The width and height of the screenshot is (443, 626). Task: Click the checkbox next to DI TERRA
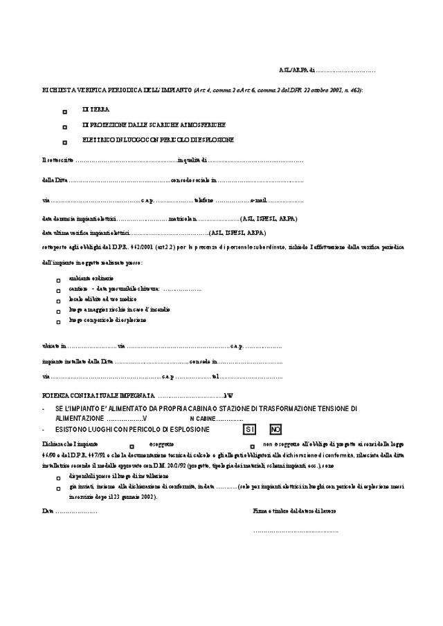[64, 111]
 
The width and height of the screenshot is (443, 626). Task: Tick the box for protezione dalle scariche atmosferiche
[64, 127]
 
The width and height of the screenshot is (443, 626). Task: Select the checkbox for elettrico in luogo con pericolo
[64, 142]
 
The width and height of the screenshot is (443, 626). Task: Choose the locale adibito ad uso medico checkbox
[59, 301]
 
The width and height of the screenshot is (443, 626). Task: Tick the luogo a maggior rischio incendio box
[59, 312]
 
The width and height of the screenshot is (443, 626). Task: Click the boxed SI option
[250, 429]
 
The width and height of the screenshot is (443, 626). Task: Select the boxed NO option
[275, 429]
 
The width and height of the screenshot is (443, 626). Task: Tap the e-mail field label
[258, 200]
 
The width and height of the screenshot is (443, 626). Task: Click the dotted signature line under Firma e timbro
[296, 532]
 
